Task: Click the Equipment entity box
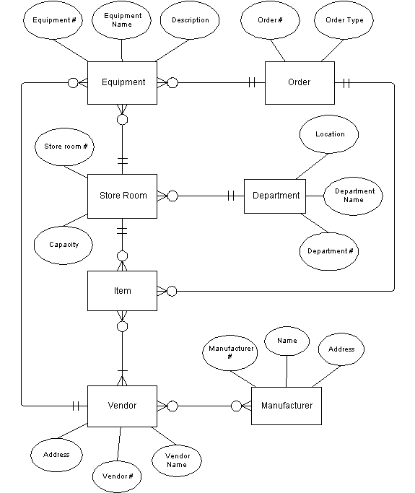pyautogui.click(x=122, y=83)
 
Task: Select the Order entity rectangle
pyautogui.click(x=300, y=83)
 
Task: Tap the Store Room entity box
pyautogui.click(x=122, y=196)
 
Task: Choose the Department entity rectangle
pyautogui.click(x=275, y=196)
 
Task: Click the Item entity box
pyautogui.click(x=122, y=291)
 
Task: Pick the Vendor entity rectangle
pyautogui.click(x=122, y=406)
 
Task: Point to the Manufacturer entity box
pyautogui.click(x=287, y=406)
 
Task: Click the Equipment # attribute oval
pyautogui.click(x=53, y=20)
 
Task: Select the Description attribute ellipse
pyautogui.click(x=190, y=20)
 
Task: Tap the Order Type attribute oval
pyautogui.click(x=344, y=20)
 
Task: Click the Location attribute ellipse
pyautogui.click(x=329, y=134)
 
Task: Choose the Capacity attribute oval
pyautogui.click(x=64, y=245)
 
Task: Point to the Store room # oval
pyautogui.click(x=64, y=147)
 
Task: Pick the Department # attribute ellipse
pyautogui.click(x=329, y=251)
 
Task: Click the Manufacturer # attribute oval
pyautogui.click(x=230, y=352)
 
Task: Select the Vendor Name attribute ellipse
pyautogui.click(x=177, y=461)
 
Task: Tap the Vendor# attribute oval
pyautogui.click(x=117, y=476)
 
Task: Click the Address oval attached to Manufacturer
pyautogui.click(x=341, y=349)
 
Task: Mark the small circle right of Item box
pyautogui.click(x=172, y=291)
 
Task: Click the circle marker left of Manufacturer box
pyautogui.click(x=236, y=406)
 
